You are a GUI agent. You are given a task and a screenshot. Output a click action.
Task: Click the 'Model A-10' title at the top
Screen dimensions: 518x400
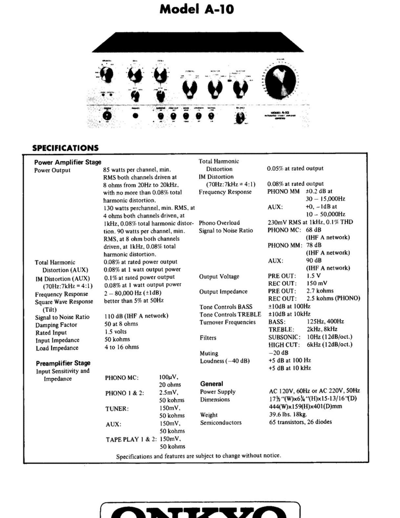(197, 9)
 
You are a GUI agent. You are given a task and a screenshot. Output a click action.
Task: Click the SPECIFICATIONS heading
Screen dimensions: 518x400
(65, 148)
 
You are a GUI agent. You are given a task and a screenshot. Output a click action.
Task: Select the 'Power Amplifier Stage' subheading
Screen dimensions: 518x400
(68, 162)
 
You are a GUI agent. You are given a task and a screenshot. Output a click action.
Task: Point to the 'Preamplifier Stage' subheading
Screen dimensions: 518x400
(63, 363)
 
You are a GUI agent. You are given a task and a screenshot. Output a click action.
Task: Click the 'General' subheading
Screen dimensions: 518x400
(211, 384)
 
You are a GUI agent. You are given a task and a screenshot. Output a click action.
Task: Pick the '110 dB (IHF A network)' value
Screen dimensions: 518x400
(136, 316)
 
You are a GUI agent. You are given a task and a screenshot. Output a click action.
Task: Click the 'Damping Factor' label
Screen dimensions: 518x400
(56, 325)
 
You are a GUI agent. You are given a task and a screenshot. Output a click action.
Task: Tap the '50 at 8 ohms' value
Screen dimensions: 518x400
(121, 324)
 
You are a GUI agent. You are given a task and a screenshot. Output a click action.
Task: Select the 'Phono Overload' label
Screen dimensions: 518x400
(219, 223)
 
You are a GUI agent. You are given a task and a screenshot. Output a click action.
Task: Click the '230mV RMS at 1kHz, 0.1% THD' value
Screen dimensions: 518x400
(310, 222)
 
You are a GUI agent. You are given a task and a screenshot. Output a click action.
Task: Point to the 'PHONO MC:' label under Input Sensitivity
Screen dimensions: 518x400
(122, 378)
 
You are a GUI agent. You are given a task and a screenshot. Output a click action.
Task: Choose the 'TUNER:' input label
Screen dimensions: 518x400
(117, 409)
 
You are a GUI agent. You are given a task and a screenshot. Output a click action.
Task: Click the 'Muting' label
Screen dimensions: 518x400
(209, 353)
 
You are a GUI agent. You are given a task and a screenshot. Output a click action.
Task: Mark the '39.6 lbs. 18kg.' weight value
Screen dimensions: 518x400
(288, 414)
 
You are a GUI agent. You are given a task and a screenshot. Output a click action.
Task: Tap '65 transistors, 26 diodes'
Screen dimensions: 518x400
(301, 422)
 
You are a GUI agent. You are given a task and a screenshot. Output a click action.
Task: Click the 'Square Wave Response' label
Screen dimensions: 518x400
(64, 302)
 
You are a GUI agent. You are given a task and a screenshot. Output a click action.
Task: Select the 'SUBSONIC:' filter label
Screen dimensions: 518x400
(284, 337)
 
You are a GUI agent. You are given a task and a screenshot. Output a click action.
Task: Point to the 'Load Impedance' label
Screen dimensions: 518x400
(57, 348)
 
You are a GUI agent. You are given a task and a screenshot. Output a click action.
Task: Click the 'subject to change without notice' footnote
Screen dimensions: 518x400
(198, 456)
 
